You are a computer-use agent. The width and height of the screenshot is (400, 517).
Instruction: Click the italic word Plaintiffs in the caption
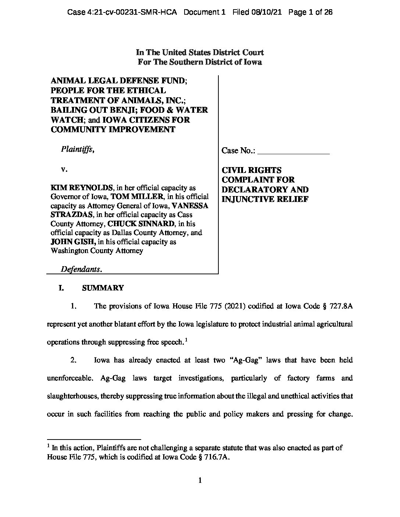coord(77,149)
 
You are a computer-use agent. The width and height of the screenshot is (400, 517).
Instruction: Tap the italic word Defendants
coord(81,269)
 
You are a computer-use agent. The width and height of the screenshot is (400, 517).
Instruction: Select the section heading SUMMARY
coord(103,288)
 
